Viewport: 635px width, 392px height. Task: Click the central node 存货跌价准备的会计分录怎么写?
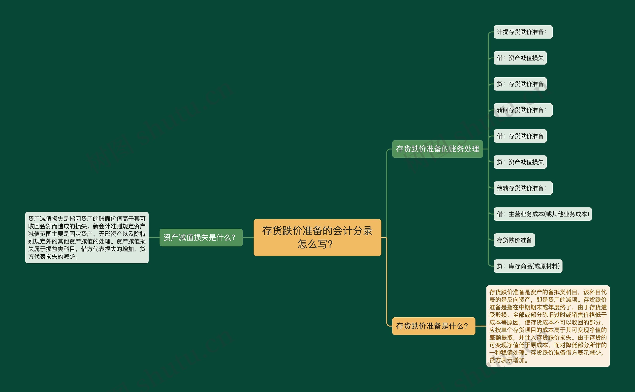(x=317, y=237)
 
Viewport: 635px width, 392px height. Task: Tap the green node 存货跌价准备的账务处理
(x=437, y=149)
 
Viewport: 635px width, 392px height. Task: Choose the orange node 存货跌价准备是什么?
(x=433, y=326)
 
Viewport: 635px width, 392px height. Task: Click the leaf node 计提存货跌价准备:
(x=523, y=32)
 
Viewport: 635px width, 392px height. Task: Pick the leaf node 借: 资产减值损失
(x=520, y=58)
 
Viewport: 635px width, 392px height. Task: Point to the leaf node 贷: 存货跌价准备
(x=520, y=84)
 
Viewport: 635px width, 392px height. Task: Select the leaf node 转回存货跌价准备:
(x=523, y=110)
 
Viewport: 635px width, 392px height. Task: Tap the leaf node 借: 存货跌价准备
(x=520, y=136)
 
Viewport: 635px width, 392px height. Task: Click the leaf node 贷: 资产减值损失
(x=520, y=162)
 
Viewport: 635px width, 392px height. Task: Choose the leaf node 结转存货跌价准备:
(x=523, y=188)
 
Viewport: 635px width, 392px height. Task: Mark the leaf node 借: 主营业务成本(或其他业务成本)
(x=542, y=214)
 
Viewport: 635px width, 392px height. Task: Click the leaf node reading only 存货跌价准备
(x=514, y=240)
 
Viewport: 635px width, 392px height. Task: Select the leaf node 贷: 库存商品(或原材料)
(x=528, y=266)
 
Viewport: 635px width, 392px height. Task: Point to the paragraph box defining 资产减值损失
(x=87, y=238)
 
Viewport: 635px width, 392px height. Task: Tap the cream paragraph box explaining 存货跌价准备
(x=548, y=326)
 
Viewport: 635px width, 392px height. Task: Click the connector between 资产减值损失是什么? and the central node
(x=248, y=238)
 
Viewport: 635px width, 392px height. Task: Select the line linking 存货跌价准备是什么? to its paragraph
(x=481, y=326)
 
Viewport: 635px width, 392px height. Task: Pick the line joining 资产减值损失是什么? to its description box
(x=154, y=238)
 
